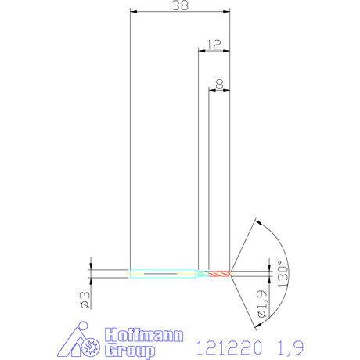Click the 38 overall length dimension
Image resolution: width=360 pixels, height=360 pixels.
tap(180, 5)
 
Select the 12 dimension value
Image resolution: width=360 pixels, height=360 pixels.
tap(214, 45)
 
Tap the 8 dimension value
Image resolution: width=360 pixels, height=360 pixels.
tap(220, 85)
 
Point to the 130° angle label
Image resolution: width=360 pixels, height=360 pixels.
tap(283, 274)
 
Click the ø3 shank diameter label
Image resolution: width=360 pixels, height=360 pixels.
tap(85, 300)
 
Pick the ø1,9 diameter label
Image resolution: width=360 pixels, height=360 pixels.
tap(262, 304)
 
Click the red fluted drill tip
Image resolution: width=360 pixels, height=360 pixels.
tap(219, 274)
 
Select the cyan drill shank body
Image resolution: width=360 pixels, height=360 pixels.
tap(164, 274)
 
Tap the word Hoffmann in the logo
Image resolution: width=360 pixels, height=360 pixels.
tap(144, 335)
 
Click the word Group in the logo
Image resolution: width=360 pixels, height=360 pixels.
tap(130, 351)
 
